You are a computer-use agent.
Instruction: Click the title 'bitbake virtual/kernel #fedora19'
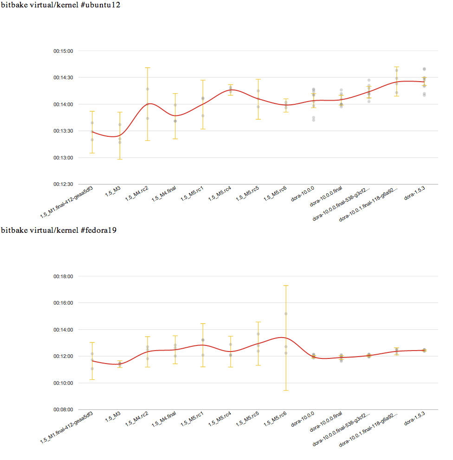pyautogui.click(x=58, y=230)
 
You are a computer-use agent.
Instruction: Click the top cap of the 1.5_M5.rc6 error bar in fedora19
pyautogui.click(x=286, y=286)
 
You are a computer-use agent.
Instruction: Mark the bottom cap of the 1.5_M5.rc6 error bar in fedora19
pyautogui.click(x=286, y=390)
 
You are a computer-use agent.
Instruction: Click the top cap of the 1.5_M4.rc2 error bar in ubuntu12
pyautogui.click(x=148, y=68)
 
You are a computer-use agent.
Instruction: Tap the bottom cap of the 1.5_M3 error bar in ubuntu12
pyautogui.click(x=120, y=159)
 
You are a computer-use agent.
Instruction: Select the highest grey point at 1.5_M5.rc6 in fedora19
pyautogui.click(x=286, y=314)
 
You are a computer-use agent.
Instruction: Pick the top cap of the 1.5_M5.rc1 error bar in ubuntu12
pyautogui.click(x=203, y=80)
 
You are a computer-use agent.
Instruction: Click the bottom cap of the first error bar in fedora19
pyautogui.click(x=92, y=379)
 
